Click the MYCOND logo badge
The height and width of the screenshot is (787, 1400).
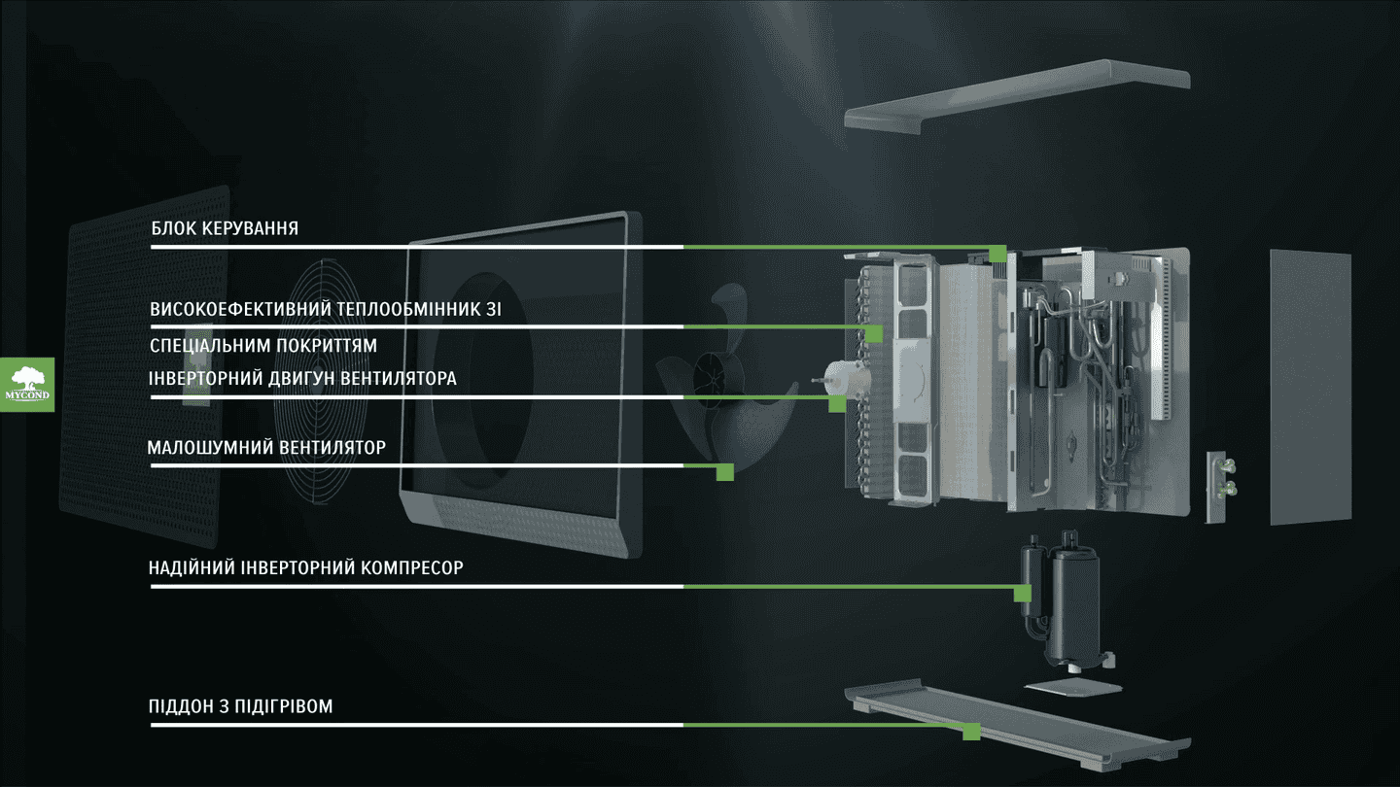coord(27,385)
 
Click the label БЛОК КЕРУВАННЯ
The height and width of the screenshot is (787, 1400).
coord(225,228)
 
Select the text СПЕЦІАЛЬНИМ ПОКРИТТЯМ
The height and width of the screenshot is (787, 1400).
coord(263,346)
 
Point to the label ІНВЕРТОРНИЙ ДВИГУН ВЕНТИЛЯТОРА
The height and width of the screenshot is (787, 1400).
coord(302,379)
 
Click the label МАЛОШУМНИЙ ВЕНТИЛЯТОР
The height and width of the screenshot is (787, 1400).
coord(266,447)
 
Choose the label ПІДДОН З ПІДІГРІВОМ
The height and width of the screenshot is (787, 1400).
coord(241,706)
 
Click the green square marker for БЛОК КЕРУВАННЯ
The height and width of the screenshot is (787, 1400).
coord(997,254)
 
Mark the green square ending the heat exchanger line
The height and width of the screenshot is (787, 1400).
coord(874,333)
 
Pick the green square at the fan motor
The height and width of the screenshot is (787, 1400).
coord(837,403)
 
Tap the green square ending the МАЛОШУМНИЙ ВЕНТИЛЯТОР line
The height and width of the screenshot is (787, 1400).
coord(725,472)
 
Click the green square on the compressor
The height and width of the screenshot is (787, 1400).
coord(1023,594)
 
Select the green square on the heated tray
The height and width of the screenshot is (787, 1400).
coord(971,732)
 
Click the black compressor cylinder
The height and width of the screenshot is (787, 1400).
coord(1073,606)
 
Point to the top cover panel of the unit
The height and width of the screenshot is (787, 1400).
coord(1017,95)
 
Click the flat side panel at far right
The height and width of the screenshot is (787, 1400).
coord(1311,388)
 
